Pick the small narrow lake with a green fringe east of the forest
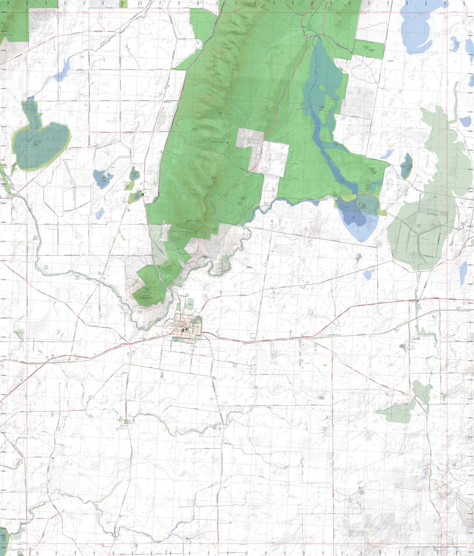click(406, 166)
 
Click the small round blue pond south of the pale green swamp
click(368, 274)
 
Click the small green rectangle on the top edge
click(123, 3)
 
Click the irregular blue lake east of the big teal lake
click(102, 178)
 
